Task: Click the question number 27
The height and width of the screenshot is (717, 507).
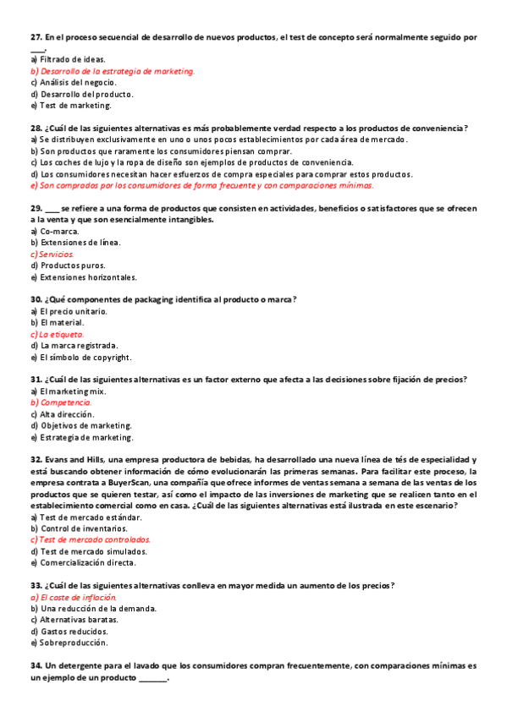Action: pyautogui.click(x=36, y=38)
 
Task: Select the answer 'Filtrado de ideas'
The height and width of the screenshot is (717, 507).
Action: pyautogui.click(x=72, y=59)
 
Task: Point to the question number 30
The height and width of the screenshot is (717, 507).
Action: pyautogui.click(x=36, y=299)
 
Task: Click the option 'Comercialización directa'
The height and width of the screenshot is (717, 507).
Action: pyautogui.click(x=87, y=562)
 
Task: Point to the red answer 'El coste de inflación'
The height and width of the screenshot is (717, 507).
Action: pyautogui.click(x=80, y=597)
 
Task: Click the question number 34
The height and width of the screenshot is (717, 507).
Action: pyautogui.click(x=36, y=666)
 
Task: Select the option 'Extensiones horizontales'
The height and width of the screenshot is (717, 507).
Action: pyautogui.click(x=88, y=276)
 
